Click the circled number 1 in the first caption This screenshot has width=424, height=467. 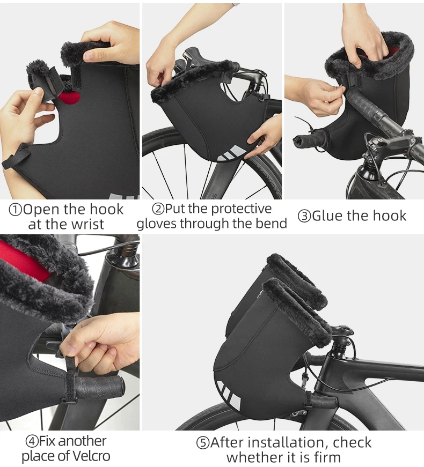coord(16,210)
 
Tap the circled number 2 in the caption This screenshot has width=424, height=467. coord(158,209)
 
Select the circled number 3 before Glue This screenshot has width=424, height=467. coord(304,216)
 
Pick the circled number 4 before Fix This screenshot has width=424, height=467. coord(32,441)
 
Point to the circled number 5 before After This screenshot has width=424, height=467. coord(203,443)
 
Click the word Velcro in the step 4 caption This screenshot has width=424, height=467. coord(91,456)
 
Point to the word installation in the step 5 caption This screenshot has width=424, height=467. coord(286,442)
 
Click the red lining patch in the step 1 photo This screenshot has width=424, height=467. coord(69,98)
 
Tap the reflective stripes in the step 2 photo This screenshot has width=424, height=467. coord(232,153)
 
